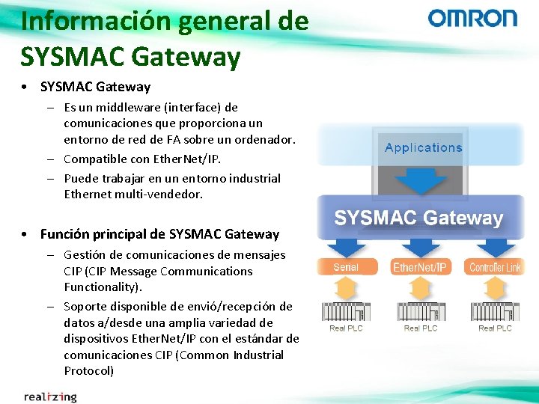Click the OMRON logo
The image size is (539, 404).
pos(472,18)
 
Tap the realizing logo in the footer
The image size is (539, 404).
pos(50,396)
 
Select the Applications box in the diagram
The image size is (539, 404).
pos(423,148)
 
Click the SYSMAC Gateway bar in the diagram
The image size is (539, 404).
pos(418,218)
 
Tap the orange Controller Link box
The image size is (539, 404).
pos(495,267)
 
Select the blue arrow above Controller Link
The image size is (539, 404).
pos(495,248)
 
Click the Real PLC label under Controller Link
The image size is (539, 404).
pos(495,328)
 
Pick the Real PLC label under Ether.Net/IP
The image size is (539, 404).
pos(420,328)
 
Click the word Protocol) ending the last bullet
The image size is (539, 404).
pos(88,371)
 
